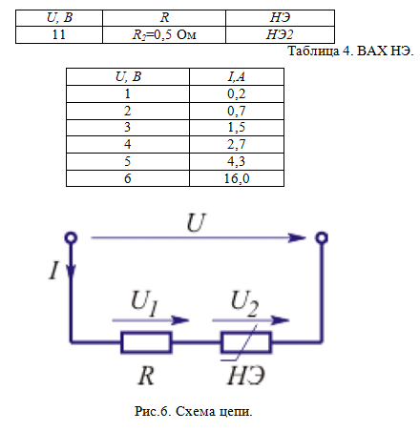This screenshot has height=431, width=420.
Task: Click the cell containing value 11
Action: click(59, 34)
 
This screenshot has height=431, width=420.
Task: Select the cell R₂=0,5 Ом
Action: click(164, 34)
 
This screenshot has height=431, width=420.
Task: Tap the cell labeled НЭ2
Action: click(280, 34)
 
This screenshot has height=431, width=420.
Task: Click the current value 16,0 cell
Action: click(237, 178)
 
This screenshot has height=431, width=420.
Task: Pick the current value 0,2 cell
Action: click(237, 93)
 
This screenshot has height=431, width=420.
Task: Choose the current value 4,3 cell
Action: click(237, 161)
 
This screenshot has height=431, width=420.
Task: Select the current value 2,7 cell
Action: click(237, 145)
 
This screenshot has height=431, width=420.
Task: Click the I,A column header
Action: click(237, 76)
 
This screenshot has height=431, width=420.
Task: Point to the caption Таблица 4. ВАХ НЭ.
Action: click(350, 51)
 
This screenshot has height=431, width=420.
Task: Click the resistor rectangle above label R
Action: click(146, 342)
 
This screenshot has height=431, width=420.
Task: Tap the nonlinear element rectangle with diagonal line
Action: click(246, 342)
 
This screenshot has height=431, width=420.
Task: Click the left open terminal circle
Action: click(71, 237)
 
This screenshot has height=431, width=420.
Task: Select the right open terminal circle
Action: click(322, 237)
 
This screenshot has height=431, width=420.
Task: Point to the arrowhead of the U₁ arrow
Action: click(180, 320)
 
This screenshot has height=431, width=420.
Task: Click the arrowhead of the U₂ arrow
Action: click(281, 320)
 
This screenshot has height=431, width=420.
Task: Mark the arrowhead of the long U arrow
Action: click(297, 237)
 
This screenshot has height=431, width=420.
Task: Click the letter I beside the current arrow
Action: click(54, 270)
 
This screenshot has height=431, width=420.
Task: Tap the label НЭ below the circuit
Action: click(246, 376)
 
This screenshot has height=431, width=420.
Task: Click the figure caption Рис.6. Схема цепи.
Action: click(194, 411)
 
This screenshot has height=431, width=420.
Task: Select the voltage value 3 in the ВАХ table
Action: click(127, 128)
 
